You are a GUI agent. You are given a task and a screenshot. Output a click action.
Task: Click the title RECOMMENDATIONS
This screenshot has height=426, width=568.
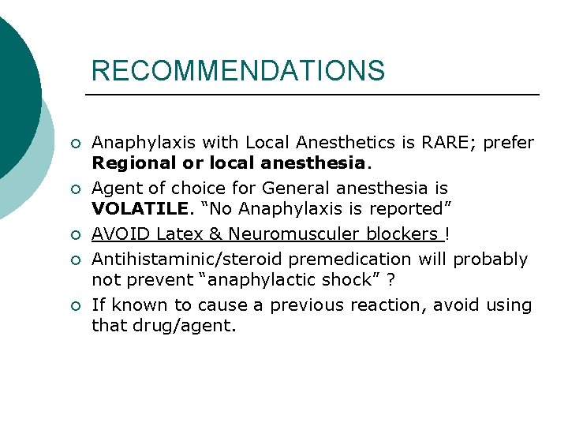[x=238, y=71]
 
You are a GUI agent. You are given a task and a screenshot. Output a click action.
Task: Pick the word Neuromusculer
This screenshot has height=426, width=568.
[x=292, y=234]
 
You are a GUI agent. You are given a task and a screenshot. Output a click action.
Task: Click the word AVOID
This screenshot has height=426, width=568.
[x=122, y=234]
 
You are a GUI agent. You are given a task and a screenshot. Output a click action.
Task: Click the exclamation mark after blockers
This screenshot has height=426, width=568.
[x=448, y=234]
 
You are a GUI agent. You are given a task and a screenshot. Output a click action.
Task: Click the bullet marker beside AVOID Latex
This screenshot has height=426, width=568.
[x=73, y=235]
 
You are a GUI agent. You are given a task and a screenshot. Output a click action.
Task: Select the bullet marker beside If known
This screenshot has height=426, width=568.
[x=73, y=305]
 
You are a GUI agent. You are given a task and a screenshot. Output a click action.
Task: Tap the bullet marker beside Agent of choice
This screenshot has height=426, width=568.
[x=73, y=189]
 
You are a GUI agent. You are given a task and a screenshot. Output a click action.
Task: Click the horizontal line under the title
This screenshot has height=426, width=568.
[x=312, y=95]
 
